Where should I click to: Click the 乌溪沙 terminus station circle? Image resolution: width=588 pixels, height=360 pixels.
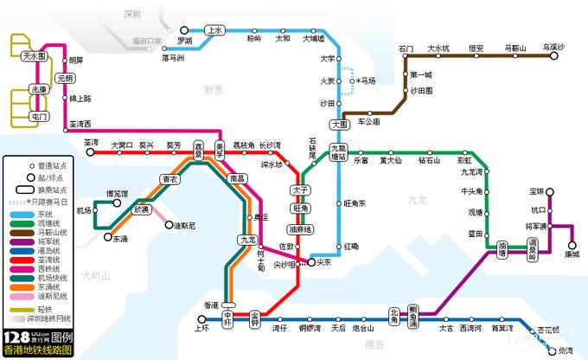pos(553,56)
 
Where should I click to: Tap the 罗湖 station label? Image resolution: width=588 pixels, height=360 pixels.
pos(184,41)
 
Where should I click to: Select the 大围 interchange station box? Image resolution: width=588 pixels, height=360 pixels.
pos(340,124)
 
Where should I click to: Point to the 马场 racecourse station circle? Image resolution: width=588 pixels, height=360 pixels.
pos(355,80)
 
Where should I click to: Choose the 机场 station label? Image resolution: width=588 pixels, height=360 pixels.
pos(84,209)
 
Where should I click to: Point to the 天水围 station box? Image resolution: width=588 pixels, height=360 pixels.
pos(35,56)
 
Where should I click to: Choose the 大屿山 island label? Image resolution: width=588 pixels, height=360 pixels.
pos(96,277)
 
